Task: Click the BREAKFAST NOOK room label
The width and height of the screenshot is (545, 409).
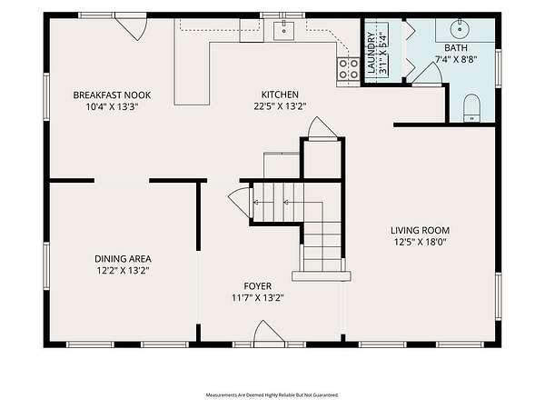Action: point(112,95)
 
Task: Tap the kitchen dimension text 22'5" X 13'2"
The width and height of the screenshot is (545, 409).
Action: point(280,106)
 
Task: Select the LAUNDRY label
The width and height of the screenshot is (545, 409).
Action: point(372,53)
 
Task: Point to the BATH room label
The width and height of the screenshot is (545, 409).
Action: point(456,47)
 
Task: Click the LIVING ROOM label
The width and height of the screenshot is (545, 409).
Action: point(420,230)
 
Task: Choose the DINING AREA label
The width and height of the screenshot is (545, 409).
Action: point(123,259)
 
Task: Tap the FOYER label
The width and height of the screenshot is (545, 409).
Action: point(258,286)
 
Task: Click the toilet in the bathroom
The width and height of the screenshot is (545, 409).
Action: point(471,108)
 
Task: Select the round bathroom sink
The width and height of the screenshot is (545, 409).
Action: point(460,29)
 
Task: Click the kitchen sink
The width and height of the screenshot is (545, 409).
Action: point(283,31)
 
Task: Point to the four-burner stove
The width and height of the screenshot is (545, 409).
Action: point(348,69)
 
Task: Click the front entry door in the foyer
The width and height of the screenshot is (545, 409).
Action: point(266,334)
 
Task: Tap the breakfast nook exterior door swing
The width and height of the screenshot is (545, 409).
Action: point(133,28)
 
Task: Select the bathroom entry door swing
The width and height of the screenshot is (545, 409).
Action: point(428,74)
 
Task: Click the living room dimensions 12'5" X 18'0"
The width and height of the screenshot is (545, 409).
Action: point(420,242)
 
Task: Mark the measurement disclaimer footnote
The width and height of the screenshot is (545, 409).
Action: point(272,395)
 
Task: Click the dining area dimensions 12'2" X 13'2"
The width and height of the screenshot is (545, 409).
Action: point(123,270)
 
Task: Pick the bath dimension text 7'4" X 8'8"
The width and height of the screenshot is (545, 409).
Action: point(456,59)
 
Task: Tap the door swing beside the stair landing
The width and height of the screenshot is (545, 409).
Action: point(240,203)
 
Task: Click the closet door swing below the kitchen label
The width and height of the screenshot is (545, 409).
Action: point(322,128)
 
